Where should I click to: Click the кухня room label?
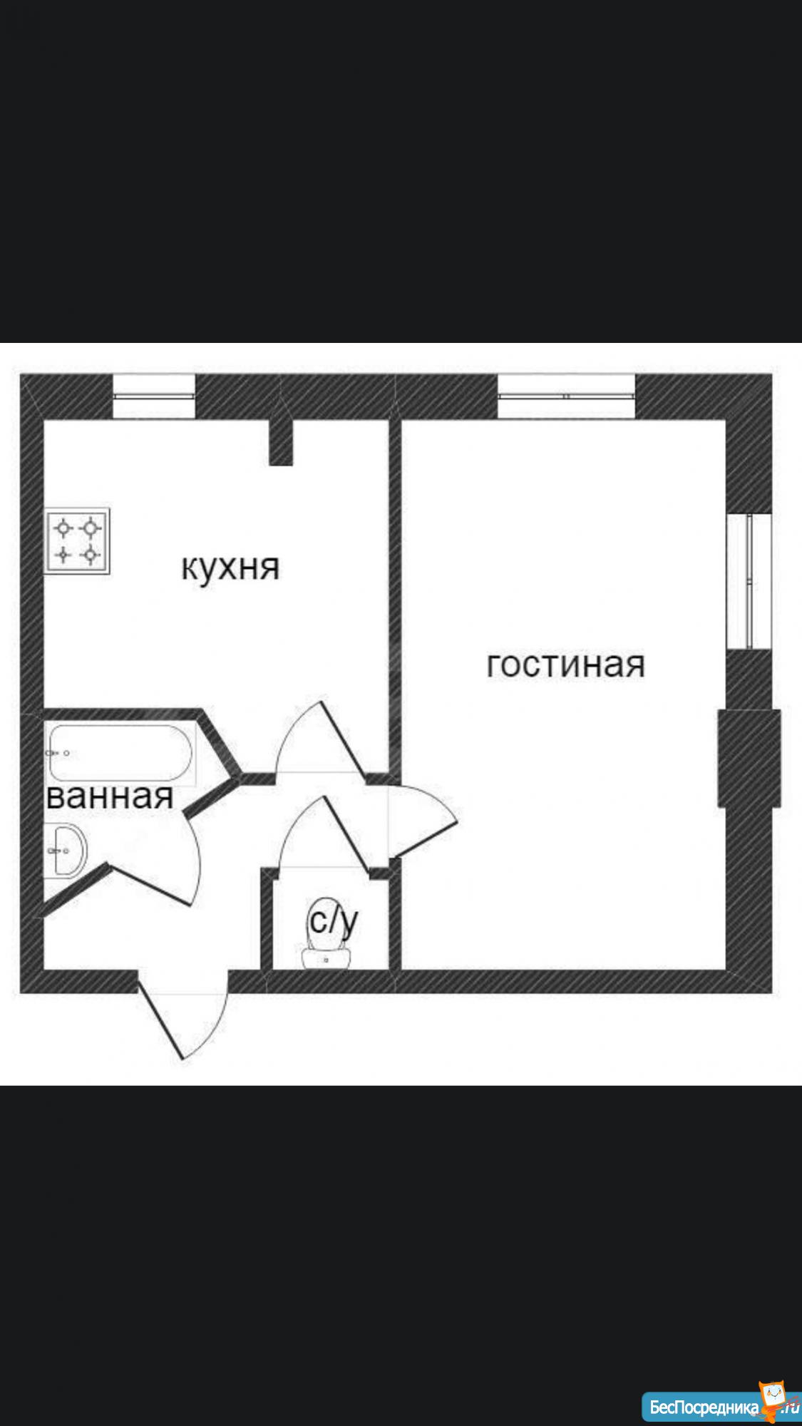click(x=230, y=568)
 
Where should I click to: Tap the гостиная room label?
click(x=565, y=665)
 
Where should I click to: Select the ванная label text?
click(x=109, y=796)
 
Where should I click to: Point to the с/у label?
click(x=333, y=920)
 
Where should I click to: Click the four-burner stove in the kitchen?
click(x=77, y=540)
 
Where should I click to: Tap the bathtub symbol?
click(x=120, y=753)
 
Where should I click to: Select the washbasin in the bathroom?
click(x=68, y=850)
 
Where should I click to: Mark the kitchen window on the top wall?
click(x=154, y=396)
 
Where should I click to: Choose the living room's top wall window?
click(x=566, y=396)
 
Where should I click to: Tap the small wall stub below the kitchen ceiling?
click(x=281, y=442)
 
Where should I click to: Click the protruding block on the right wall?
click(x=749, y=758)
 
